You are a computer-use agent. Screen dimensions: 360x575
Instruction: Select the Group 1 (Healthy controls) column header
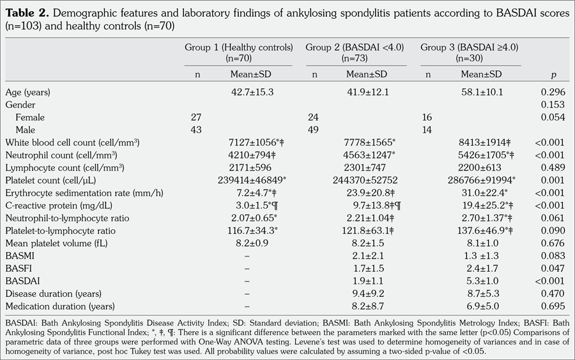[238, 52]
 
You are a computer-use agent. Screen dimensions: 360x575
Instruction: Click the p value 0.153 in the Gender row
[553, 105]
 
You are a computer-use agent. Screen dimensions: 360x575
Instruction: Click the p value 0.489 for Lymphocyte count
[553, 168]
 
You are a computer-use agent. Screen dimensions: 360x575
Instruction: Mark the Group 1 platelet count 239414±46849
[252, 180]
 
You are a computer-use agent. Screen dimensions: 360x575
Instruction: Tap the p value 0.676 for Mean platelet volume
[553, 244]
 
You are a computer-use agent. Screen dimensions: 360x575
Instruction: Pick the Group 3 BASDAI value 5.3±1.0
[482, 281]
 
